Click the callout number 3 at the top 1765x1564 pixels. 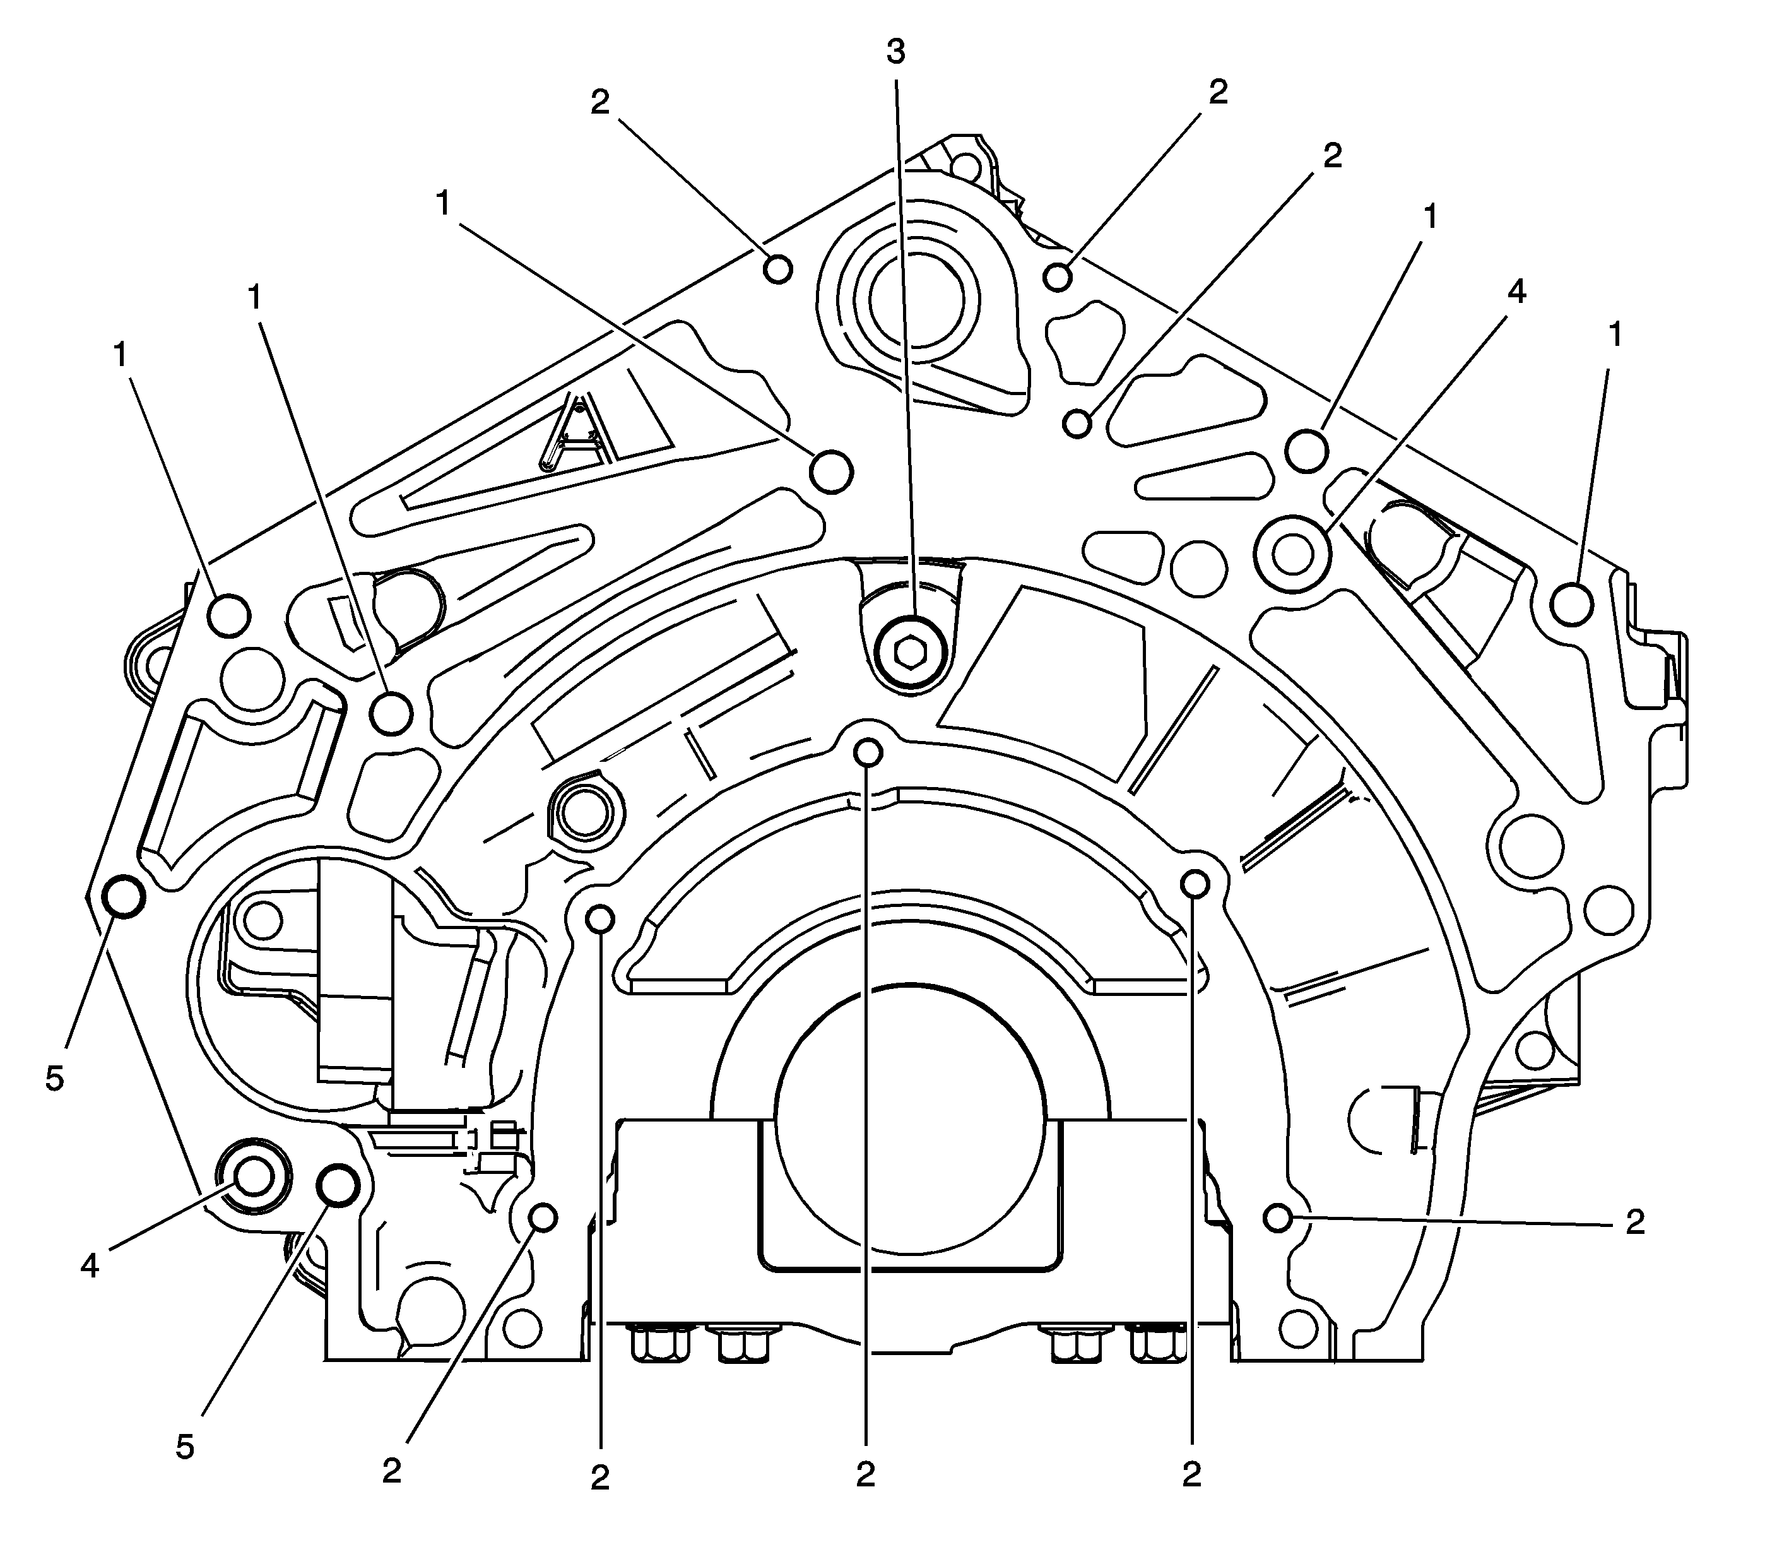pyautogui.click(x=896, y=52)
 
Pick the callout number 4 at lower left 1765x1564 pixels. pyautogui.click(x=90, y=1266)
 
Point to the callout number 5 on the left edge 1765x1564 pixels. pyautogui.click(x=54, y=1079)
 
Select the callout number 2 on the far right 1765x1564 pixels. pyautogui.click(x=1634, y=1221)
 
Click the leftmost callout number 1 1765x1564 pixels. pyautogui.click(x=120, y=353)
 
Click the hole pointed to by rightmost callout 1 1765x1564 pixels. pyautogui.click(x=1571, y=605)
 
